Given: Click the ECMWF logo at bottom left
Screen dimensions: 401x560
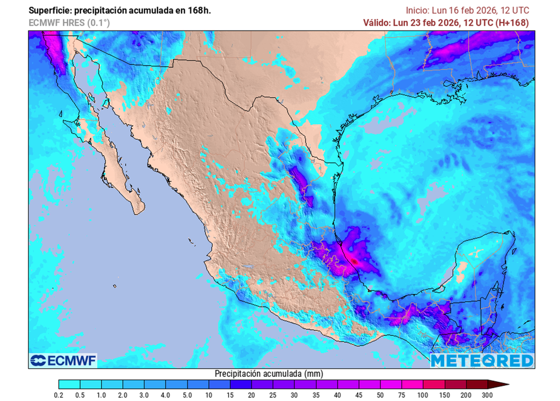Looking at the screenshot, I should [63, 361].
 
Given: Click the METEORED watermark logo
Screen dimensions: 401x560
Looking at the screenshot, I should [481, 361].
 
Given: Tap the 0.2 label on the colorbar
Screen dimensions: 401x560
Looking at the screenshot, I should [59, 395].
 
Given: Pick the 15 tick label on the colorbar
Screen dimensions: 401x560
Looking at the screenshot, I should [230, 395].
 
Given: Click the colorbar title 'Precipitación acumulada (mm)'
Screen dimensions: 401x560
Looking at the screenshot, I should [269, 374].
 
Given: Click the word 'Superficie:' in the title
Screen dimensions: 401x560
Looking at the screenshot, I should [51, 10].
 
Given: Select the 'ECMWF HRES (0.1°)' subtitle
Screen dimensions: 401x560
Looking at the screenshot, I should [69, 22].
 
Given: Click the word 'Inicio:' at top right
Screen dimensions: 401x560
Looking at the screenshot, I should [419, 10].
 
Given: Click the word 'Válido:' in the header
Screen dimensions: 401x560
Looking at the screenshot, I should [378, 22].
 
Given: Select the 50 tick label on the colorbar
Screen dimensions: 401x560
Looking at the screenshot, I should [380, 395].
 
